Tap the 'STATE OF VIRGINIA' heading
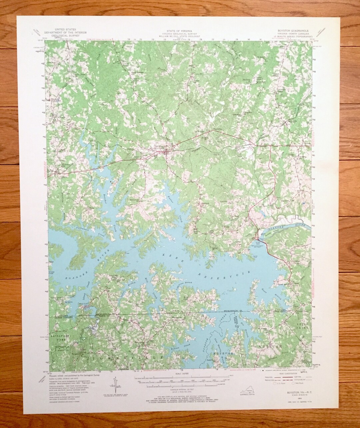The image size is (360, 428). (179, 30)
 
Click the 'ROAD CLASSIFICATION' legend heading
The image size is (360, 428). (286, 375)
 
